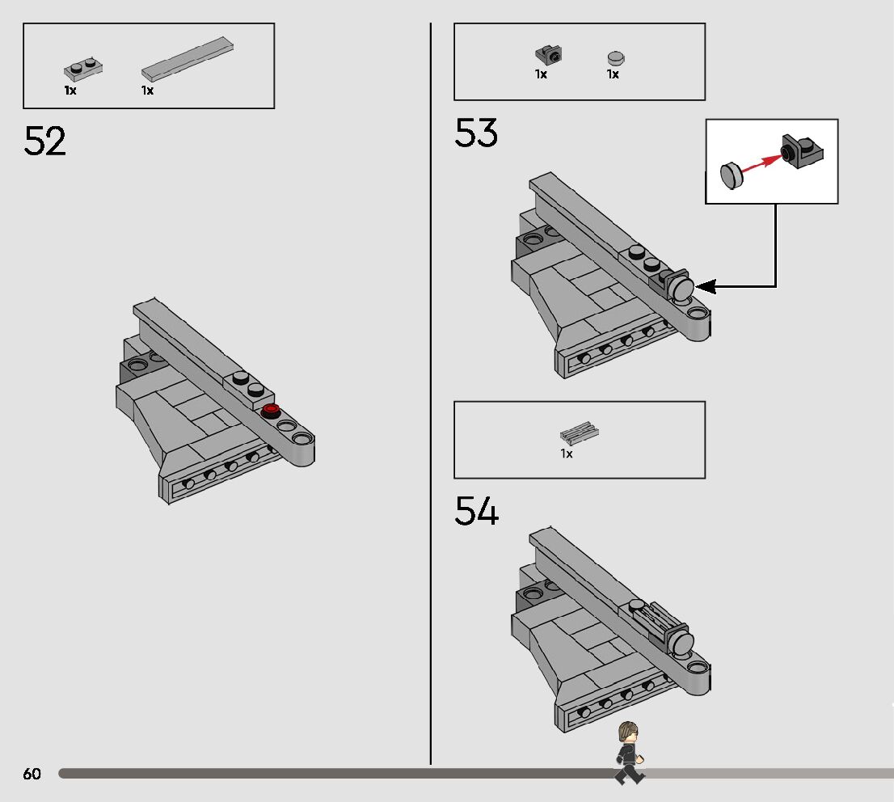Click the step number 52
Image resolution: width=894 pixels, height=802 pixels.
[x=45, y=141]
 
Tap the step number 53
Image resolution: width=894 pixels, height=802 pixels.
[x=476, y=133]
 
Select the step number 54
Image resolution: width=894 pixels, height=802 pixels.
[x=477, y=510]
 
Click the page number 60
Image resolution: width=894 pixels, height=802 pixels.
[x=32, y=774]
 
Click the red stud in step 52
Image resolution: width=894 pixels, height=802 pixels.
[x=270, y=410]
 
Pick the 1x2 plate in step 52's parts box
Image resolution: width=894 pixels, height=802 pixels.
[x=83, y=70]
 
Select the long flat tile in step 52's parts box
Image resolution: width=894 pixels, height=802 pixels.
[x=188, y=59]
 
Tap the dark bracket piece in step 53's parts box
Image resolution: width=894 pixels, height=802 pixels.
[x=549, y=55]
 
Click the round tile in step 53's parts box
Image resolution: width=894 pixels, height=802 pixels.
[x=616, y=58]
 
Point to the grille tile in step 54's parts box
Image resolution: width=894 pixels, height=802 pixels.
[x=580, y=433]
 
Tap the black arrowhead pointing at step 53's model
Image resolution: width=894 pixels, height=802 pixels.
[x=706, y=286]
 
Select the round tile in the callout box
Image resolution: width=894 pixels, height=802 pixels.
[x=732, y=175]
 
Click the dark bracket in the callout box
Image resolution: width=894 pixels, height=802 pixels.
[x=802, y=150]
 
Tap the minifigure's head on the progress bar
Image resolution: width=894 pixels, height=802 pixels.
[x=628, y=732]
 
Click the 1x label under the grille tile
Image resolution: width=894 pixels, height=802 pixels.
[x=566, y=454]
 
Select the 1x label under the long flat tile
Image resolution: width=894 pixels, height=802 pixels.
[x=147, y=90]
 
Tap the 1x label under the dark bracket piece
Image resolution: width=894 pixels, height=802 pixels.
[x=541, y=74]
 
